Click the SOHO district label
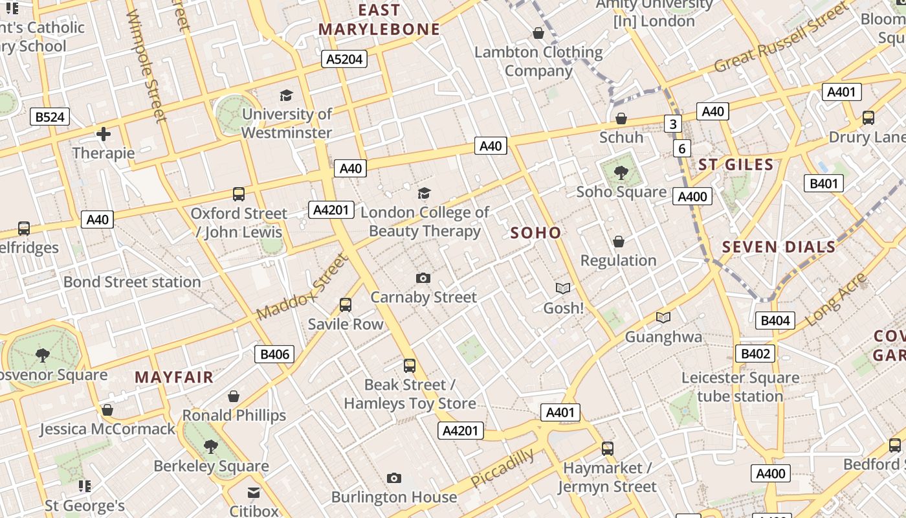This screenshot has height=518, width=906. coord(536,233)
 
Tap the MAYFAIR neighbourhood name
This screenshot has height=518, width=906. coord(174,377)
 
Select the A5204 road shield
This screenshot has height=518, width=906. coord(344,60)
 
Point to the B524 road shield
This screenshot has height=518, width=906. coord(50,117)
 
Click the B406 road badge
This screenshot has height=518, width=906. coord(275,354)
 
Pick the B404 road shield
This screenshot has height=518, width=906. coord(775,321)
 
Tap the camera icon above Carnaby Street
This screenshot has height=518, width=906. coord(423,278)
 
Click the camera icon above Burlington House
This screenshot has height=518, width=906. coord(394,479)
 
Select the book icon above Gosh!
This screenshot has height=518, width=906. coord(564,289)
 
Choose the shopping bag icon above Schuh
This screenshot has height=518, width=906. coord(621,118)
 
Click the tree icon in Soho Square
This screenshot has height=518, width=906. coord(621,172)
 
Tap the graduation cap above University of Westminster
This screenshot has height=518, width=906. coord(287,96)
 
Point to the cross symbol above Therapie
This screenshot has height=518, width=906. coord(104,135)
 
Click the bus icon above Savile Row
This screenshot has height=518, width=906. coord(346,305)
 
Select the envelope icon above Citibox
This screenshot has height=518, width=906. coord(254,493)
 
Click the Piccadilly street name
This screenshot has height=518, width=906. coord(502,468)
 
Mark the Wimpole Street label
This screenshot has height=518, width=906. coord(148,65)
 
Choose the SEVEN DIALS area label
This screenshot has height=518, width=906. coord(779,247)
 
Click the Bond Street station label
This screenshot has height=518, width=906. coord(132,282)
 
